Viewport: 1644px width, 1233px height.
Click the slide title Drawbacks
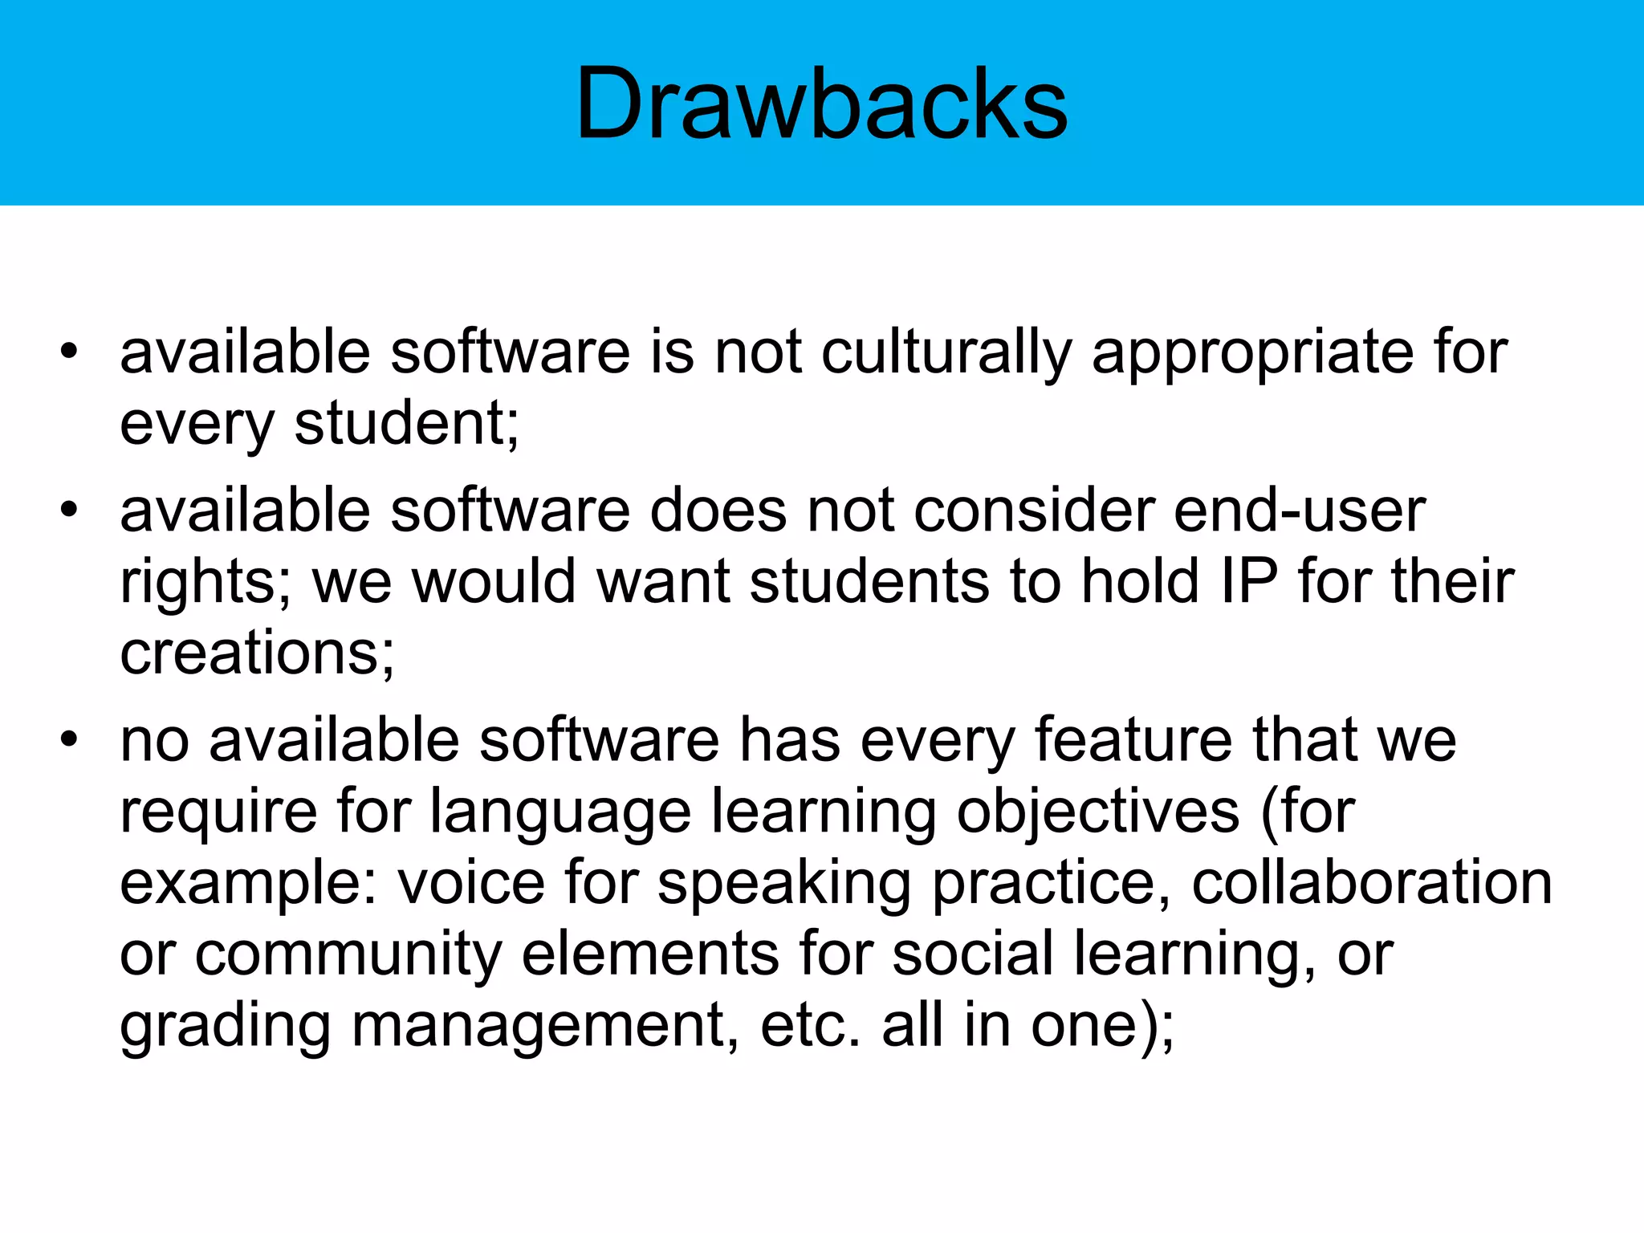[821, 104]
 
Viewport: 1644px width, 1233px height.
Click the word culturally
[946, 353]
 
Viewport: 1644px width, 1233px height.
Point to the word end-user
[1300, 511]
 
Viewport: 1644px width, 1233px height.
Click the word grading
[226, 1026]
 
